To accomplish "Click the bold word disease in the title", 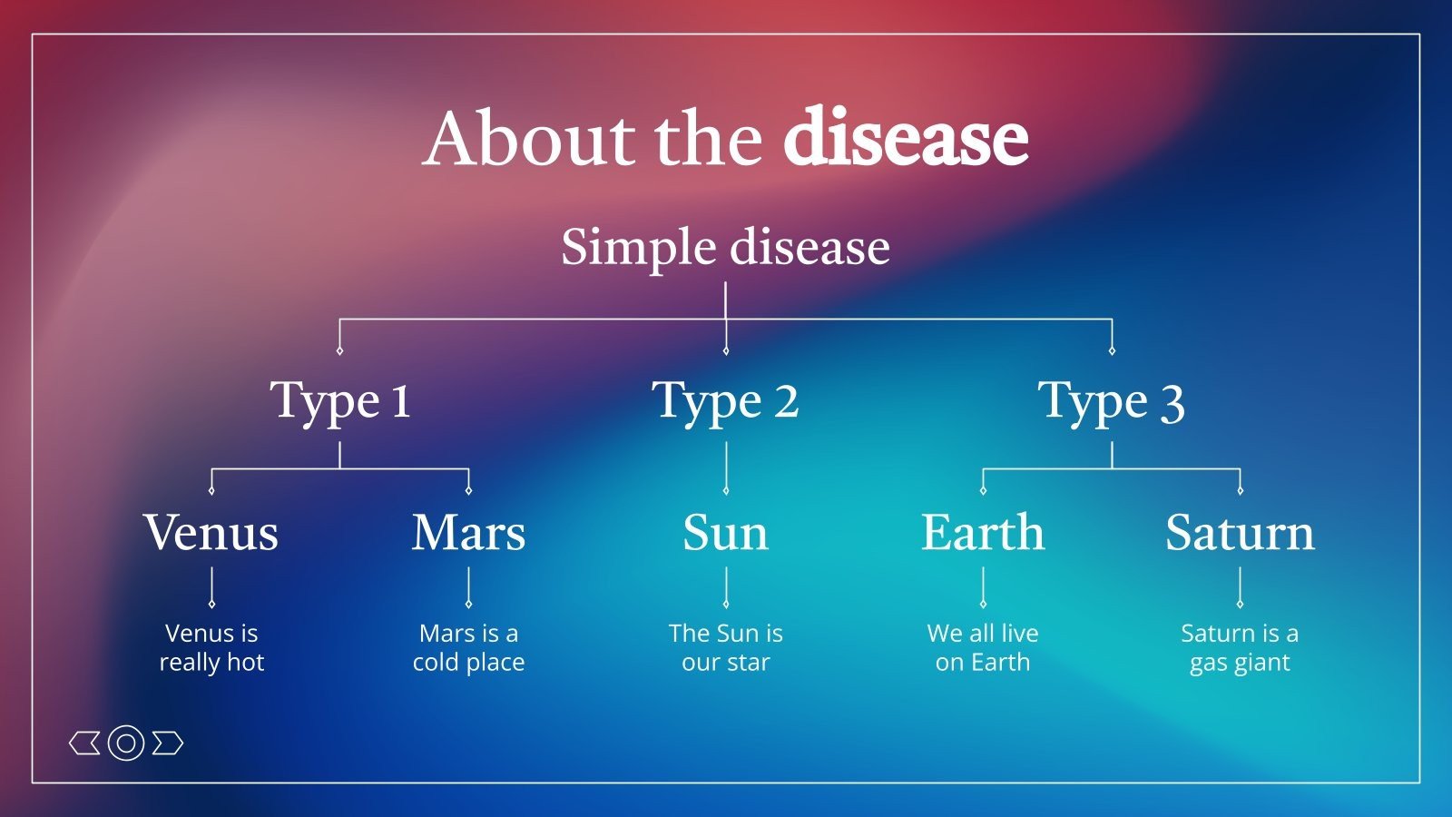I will [905, 139].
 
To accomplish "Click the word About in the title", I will [529, 139].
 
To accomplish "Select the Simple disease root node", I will [725, 247].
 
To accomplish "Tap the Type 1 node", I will [340, 401].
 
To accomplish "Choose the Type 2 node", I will [725, 401].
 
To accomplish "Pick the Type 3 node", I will [1111, 401].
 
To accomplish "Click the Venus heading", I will [211, 533].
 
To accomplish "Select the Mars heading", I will [468, 533].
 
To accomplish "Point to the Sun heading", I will [725, 533].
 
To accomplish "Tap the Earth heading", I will [982, 533].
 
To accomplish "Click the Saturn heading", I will [1240, 533].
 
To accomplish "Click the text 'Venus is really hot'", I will [211, 647].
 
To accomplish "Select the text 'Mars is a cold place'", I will [468, 647].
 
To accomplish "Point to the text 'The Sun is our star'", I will [725, 647].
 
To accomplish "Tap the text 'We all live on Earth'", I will [982, 647].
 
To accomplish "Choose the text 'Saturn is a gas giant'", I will [1240, 647].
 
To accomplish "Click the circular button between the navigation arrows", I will [126, 743].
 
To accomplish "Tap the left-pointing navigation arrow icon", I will [85, 743].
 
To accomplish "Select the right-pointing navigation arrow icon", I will [167, 743].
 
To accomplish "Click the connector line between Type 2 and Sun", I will [726, 468].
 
